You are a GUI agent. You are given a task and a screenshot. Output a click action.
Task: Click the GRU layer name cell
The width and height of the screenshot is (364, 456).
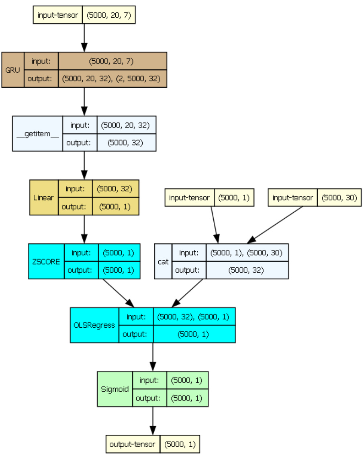click(13, 70)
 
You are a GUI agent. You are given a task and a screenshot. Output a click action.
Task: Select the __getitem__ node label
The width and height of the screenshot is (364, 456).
click(37, 134)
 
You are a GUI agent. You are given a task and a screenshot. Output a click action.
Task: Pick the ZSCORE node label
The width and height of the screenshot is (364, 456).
click(46, 261)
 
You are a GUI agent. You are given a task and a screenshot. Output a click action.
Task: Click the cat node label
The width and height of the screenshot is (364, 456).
click(163, 261)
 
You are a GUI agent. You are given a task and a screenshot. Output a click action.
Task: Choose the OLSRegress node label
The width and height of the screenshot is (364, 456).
click(94, 325)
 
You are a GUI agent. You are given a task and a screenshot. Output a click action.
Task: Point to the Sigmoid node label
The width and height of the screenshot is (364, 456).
click(115, 388)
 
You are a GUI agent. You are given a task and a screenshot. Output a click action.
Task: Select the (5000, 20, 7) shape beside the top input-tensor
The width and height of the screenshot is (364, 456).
click(109, 16)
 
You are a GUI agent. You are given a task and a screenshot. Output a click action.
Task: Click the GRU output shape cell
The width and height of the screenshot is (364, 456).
click(112, 78)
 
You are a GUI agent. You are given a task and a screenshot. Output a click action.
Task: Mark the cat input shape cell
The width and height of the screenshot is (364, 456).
click(247, 253)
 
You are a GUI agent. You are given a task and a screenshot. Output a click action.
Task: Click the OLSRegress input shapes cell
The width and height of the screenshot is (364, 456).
click(194, 316)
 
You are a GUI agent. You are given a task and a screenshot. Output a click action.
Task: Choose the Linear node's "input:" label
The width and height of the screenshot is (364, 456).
click(76, 189)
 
